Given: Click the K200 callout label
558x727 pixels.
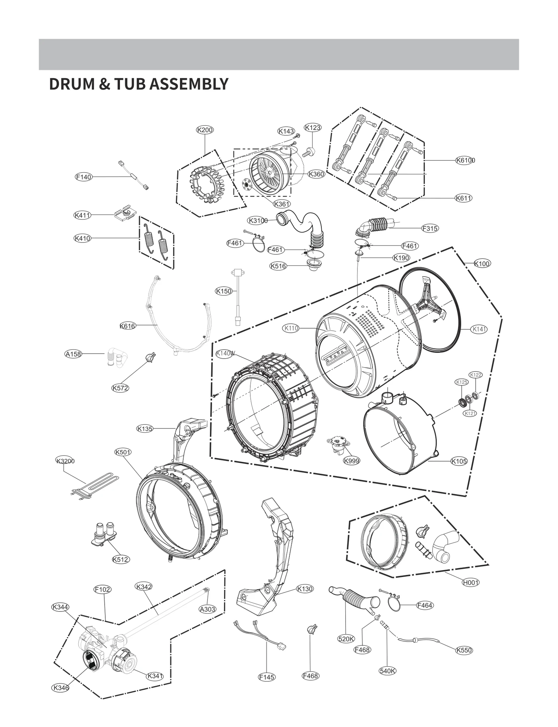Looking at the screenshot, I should coord(205,130).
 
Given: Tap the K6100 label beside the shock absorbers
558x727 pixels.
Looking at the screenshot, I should coord(465,160).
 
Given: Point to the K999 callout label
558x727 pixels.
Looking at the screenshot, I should coord(351,461).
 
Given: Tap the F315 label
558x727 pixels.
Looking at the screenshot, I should coord(430,228).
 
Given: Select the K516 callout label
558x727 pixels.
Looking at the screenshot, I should coord(278,266).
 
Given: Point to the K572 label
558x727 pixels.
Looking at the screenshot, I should coord(120,388).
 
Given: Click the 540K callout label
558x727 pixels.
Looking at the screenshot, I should coord(387,671).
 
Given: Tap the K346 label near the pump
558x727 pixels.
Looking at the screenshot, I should coord(60,688).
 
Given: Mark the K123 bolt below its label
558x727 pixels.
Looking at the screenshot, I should coord(309,152).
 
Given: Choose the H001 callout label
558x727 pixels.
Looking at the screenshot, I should coord(470,582).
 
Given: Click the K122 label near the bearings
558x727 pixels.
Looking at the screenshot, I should coord(475,375).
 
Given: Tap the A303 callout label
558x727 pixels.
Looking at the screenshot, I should coord(208,609).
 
